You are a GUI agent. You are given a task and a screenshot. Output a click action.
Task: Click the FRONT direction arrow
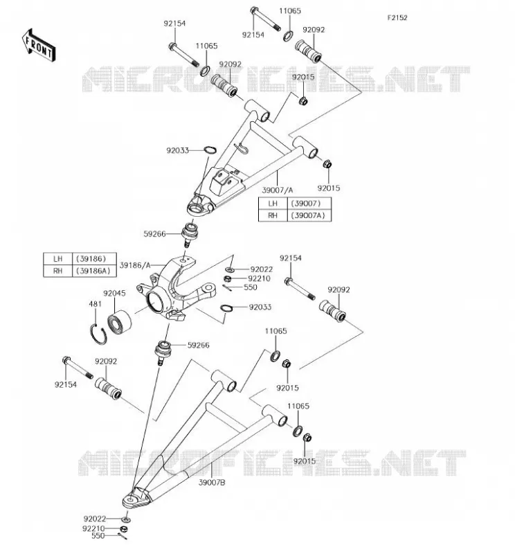tap(39, 46)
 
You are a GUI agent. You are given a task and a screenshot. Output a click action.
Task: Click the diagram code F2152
tap(397, 18)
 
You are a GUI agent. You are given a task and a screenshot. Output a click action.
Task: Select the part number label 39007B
tap(212, 482)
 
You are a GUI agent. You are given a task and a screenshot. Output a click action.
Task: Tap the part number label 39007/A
tap(278, 190)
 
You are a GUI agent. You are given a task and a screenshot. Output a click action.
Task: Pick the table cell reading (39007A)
tap(309, 215)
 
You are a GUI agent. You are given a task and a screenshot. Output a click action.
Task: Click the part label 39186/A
tap(135, 265)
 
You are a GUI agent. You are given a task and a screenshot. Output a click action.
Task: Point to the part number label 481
tap(95, 304)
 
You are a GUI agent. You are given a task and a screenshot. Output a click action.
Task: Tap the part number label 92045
tap(114, 293)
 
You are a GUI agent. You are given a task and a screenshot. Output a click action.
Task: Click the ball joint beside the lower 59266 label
tap(163, 352)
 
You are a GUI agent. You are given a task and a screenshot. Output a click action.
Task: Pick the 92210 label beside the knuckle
tap(259, 278)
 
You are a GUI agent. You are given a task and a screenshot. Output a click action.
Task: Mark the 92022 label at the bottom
tap(95, 519)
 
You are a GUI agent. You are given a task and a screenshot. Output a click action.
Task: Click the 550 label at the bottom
tap(98, 535)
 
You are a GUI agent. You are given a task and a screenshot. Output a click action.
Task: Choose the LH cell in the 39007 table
tap(273, 204)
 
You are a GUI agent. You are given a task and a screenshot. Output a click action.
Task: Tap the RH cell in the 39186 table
tap(57, 271)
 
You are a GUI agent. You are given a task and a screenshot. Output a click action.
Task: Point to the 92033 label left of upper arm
tap(178, 150)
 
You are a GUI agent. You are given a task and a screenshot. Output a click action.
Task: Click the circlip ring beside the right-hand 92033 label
tap(226, 308)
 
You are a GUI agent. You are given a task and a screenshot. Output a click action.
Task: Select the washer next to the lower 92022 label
tap(126, 519)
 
